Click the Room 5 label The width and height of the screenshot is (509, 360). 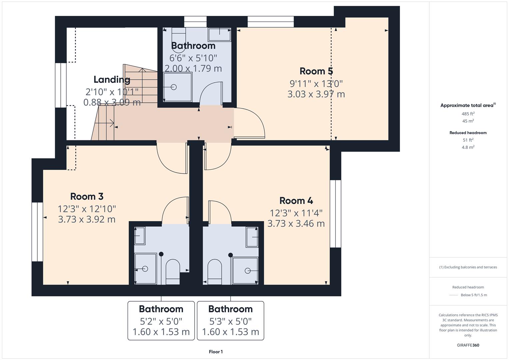[316, 71]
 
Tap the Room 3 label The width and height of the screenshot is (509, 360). [87, 196]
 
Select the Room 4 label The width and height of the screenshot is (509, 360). [296, 201]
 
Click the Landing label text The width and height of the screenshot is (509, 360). [112, 79]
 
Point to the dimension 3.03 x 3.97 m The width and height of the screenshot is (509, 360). [316, 94]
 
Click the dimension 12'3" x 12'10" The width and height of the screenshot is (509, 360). [87, 209]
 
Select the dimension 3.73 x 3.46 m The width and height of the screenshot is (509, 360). [296, 223]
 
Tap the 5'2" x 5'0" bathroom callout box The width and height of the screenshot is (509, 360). [161, 321]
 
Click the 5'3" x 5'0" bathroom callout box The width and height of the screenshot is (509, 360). [230, 321]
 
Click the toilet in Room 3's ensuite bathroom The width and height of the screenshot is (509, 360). [173, 271]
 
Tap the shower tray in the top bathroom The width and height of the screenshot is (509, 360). [178, 87]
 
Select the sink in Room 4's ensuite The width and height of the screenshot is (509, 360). [252, 237]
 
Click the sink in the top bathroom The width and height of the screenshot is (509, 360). [219, 34]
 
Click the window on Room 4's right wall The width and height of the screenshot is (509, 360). [335, 214]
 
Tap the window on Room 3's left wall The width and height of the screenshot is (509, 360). [37, 232]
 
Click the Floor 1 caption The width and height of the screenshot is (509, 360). [216, 352]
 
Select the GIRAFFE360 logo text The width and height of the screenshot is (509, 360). [468, 345]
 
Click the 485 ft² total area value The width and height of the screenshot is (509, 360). [468, 114]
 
